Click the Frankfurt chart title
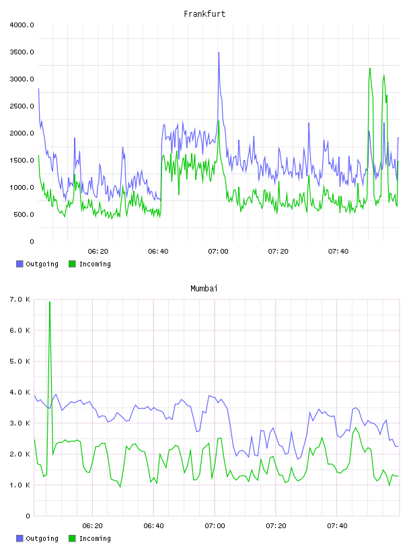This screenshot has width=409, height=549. click(x=204, y=14)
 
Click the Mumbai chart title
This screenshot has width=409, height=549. click(x=204, y=289)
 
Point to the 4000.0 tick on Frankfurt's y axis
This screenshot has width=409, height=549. click(x=22, y=25)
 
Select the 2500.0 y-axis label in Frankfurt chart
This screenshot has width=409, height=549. click(x=22, y=106)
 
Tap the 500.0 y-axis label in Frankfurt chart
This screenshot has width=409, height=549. click(x=24, y=214)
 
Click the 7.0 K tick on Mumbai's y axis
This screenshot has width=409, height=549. click(x=20, y=299)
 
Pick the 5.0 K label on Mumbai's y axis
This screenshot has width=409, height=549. click(x=20, y=361)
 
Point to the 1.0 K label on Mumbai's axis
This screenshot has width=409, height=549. click(x=20, y=485)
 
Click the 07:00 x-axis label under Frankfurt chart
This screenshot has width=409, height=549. click(x=218, y=251)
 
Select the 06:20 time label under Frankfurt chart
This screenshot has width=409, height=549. click(x=98, y=251)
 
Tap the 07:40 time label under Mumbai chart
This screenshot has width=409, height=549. click(x=337, y=525)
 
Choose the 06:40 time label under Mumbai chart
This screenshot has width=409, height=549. click(x=154, y=525)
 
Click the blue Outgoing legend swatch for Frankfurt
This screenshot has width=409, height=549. click(x=20, y=264)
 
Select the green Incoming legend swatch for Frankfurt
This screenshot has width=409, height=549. click(x=72, y=264)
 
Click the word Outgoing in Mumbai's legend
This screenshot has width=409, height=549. click(x=42, y=538)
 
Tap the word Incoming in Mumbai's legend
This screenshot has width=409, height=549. click(x=95, y=538)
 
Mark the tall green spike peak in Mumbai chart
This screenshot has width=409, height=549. click(x=50, y=302)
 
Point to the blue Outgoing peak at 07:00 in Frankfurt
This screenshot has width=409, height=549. click(x=219, y=52)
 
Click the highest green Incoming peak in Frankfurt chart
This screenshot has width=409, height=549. click(x=370, y=69)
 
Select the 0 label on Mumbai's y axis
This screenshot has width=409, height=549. click(x=28, y=516)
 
